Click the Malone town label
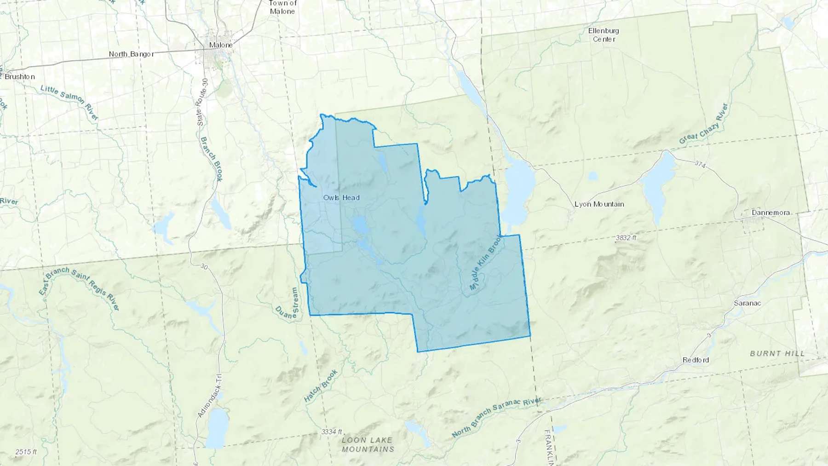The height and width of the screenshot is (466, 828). pos(221,45)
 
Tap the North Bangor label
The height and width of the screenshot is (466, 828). pos(131,54)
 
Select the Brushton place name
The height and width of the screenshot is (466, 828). pos(20,76)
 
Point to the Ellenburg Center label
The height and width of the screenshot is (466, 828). pos(604,35)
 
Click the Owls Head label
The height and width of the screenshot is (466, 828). pos(341,197)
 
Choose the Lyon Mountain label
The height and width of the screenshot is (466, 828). pos(599,204)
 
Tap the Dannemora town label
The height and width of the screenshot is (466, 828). pos(770,213)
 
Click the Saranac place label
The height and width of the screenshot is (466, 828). pos(747,303)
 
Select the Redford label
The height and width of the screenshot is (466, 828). pos(696,360)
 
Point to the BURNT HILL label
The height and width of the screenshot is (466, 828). pos(777,353)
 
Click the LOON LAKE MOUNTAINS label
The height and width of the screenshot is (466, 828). pos(368,444)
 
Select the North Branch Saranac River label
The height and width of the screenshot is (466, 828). pos(496,417)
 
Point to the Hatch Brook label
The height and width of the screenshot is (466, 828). pos(321,385)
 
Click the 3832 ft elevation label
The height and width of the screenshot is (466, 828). pos(626,238)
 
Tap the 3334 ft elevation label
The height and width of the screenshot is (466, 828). pos(332,432)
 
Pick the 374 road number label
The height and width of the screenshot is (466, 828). pos(700,164)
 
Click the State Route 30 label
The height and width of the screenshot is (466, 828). pos(202,102)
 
